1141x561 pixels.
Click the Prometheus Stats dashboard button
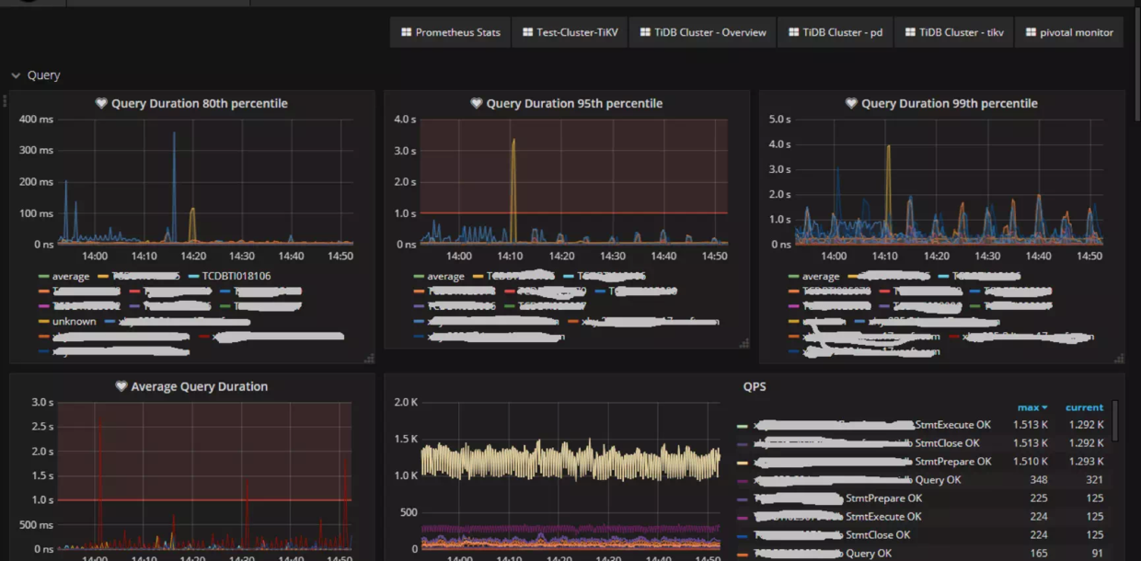tap(451, 32)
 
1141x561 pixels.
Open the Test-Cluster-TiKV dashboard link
tap(570, 32)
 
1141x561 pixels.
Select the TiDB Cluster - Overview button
tap(703, 32)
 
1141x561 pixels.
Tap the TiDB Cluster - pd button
tap(835, 32)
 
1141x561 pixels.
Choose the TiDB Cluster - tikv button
tap(953, 32)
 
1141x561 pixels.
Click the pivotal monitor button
tap(1068, 32)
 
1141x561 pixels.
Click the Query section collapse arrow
tap(16, 75)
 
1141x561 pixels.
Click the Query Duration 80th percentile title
tap(199, 104)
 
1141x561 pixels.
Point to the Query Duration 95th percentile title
tap(574, 104)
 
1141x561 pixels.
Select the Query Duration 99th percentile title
tap(949, 104)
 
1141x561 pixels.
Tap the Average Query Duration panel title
tap(199, 387)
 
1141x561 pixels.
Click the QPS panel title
tap(755, 387)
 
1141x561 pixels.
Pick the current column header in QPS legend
tap(1084, 407)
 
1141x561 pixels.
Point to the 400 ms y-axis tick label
tap(37, 120)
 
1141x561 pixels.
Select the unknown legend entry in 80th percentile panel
tap(74, 322)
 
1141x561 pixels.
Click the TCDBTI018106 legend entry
tap(236, 276)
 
